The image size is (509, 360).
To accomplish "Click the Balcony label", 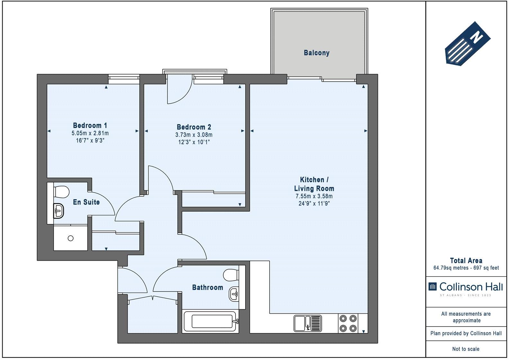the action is (x=317, y=53).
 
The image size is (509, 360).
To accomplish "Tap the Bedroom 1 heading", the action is (x=90, y=125).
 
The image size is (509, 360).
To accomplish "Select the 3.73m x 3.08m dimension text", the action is (x=194, y=135).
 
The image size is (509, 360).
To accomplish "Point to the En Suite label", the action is (x=86, y=202).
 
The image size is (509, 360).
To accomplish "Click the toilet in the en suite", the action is (x=61, y=192).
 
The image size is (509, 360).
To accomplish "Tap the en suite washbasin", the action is (x=58, y=211).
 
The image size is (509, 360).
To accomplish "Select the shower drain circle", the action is (x=71, y=239).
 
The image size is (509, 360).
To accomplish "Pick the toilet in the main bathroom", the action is (x=231, y=275).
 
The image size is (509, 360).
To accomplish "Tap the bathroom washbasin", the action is (x=234, y=294).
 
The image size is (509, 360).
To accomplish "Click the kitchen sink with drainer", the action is (x=308, y=323).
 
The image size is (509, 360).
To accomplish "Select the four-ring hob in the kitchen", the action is (x=348, y=323).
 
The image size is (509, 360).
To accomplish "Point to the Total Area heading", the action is (x=466, y=260).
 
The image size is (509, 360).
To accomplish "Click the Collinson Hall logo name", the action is (x=471, y=287).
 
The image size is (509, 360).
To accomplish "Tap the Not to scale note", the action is (x=466, y=349).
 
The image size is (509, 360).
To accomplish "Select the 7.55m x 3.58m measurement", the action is (x=314, y=196).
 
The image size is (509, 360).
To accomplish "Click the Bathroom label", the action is (x=208, y=287).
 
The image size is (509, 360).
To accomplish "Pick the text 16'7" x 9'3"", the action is (x=90, y=140).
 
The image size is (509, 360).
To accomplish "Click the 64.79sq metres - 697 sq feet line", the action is (x=466, y=268).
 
